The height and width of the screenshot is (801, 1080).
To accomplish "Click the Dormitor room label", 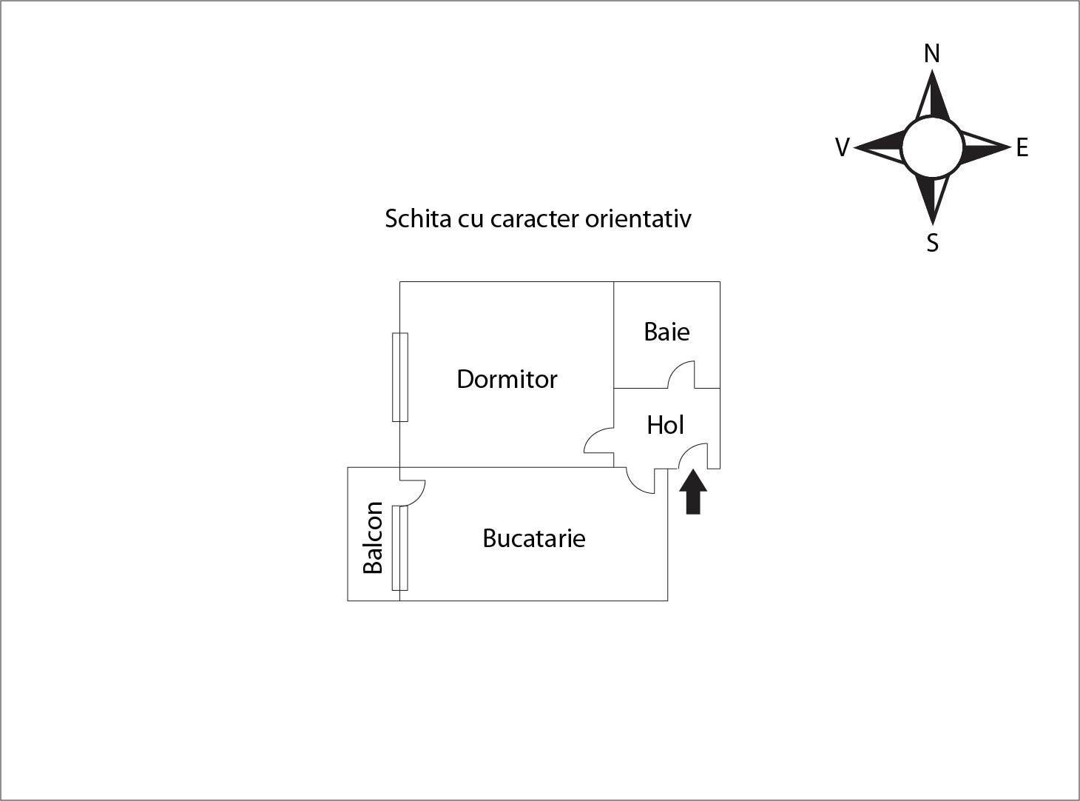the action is [507, 379].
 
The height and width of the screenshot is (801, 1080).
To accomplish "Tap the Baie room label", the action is [666, 332].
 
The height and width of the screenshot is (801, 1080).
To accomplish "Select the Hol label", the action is [665, 425].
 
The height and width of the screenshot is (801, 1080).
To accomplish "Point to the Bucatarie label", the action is [533, 538].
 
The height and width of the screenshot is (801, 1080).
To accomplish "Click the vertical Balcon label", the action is [373, 537].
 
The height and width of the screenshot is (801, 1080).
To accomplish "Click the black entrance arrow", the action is [693, 492].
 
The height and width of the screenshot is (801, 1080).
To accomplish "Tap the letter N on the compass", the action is [932, 53].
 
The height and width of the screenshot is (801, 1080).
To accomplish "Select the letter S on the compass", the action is [932, 242].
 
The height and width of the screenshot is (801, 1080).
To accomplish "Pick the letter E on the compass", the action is [1022, 147].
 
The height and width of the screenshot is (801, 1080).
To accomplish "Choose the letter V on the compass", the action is [843, 147].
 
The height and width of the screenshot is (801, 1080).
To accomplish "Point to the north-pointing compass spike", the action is [933, 95].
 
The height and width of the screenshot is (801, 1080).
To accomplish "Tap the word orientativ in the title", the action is [638, 218].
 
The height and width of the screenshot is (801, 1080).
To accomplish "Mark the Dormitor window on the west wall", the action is [400, 377].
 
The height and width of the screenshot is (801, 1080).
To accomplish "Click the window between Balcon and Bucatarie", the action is [400, 548].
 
